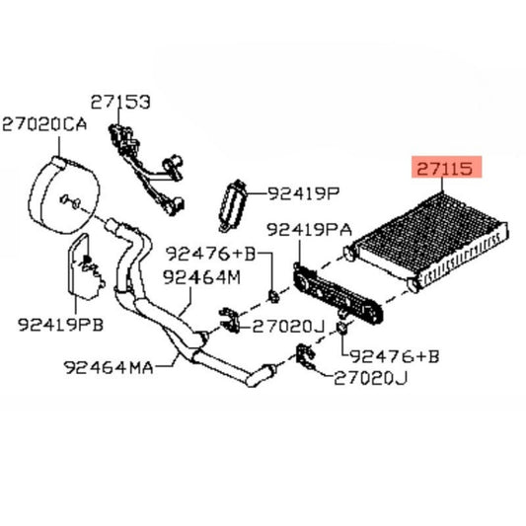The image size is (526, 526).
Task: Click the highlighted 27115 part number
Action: pos(445,168)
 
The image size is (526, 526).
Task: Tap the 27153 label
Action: pos(120,102)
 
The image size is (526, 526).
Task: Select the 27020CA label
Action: pos(44,123)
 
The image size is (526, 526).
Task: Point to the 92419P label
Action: pos(304,192)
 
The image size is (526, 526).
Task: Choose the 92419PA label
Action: pos(309,230)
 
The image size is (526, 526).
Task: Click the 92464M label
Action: pos(201,277)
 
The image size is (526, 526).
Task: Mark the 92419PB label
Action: pos(60,325)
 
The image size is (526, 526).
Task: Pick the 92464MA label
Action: pos(109,367)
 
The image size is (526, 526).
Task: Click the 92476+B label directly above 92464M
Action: pos(210,254)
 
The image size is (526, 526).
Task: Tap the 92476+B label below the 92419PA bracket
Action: pos(394,356)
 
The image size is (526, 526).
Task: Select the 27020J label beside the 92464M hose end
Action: pos(288,326)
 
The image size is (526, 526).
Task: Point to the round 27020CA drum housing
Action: pos(64,194)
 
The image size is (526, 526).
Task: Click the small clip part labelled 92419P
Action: pos(232,205)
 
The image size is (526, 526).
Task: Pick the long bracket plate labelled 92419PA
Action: pos(338,292)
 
